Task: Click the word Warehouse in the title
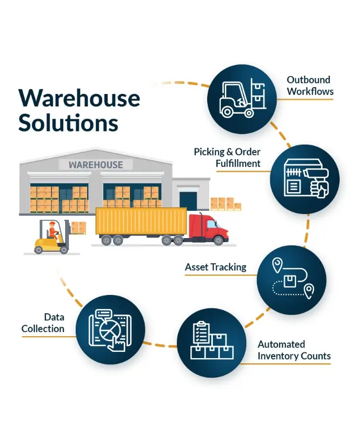tap(79, 98)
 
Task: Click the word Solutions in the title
tap(68, 123)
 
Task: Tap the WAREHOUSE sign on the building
tap(95, 165)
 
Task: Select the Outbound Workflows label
tap(309, 86)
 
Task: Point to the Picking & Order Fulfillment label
tap(227, 157)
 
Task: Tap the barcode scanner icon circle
tap(305, 180)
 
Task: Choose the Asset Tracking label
tap(215, 267)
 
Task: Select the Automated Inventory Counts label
tap(294, 350)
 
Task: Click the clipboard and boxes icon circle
tap(211, 342)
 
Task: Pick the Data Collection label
tap(47, 323)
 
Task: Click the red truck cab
tap(207, 228)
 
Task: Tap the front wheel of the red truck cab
tap(218, 241)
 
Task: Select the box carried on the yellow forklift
tap(79, 228)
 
